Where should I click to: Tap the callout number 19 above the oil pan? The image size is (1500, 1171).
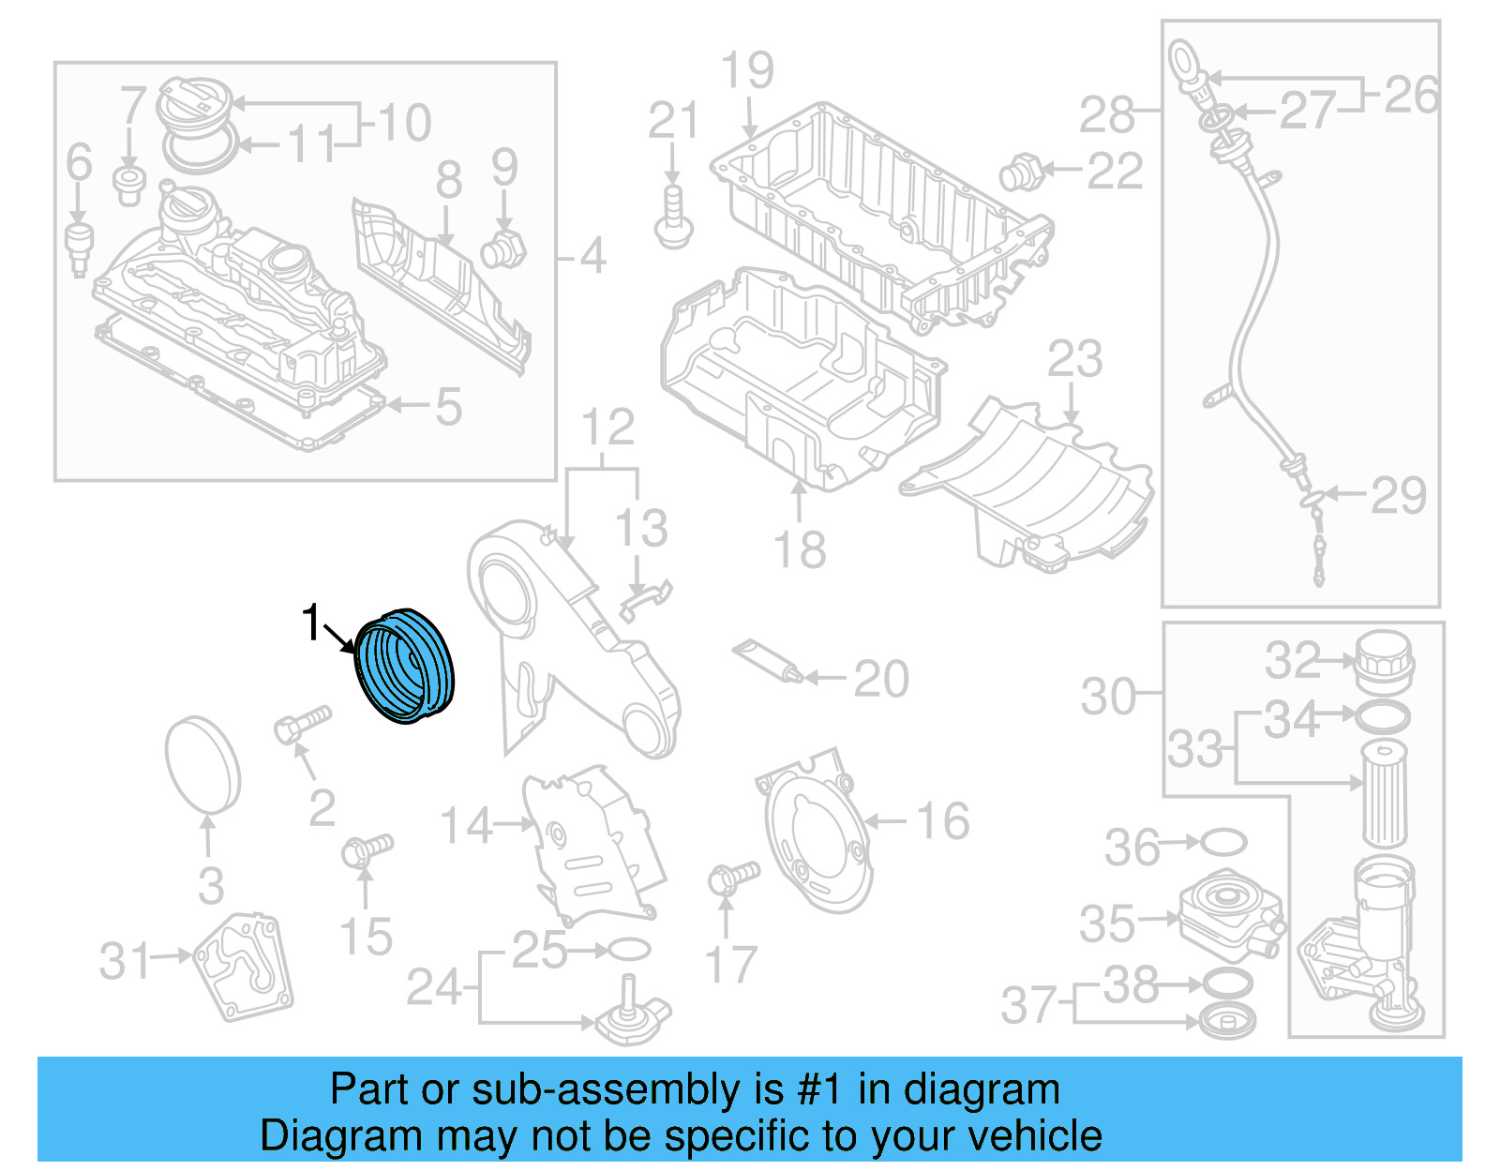click(x=747, y=71)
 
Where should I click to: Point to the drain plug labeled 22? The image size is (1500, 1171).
click(x=1020, y=173)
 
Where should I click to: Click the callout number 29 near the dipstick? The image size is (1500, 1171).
click(x=1398, y=495)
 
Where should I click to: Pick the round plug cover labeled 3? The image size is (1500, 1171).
click(x=202, y=764)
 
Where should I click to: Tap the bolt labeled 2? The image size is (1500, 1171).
click(x=303, y=724)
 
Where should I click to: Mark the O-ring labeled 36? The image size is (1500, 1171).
click(x=1223, y=842)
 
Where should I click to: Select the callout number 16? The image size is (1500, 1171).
click(x=942, y=821)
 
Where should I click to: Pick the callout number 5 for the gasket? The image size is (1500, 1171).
click(x=448, y=407)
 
